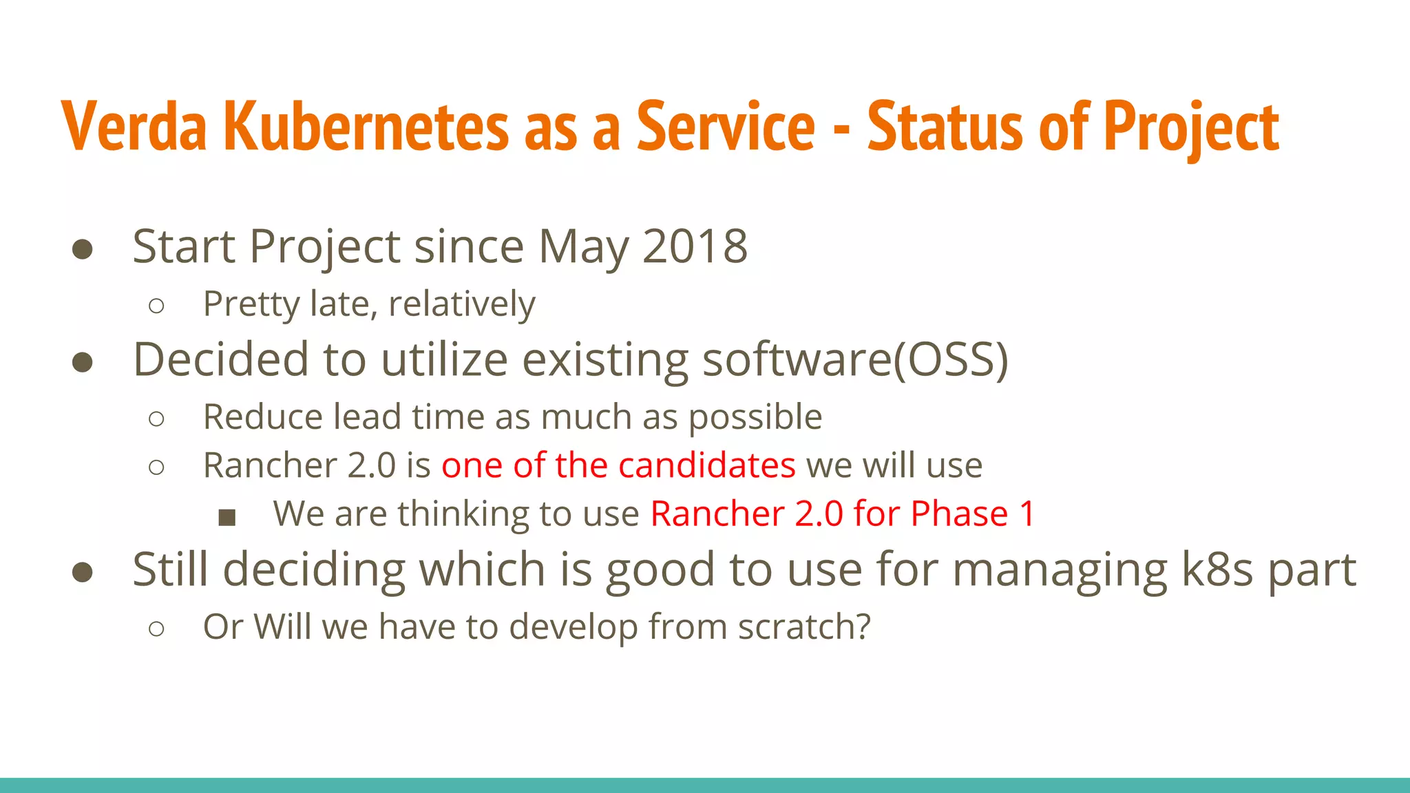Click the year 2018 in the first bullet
(x=695, y=246)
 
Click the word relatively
(x=461, y=304)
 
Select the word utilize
(x=444, y=359)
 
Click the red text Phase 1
(x=972, y=514)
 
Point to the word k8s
(x=1217, y=570)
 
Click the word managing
(x=1060, y=570)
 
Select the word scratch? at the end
(x=804, y=626)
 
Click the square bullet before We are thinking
(x=227, y=517)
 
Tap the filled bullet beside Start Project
(x=83, y=249)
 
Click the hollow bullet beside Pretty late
(x=156, y=306)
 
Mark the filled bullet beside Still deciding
(x=83, y=572)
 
